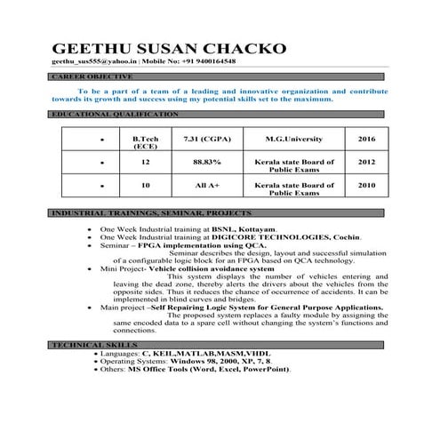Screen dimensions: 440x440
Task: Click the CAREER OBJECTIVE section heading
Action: coord(84,78)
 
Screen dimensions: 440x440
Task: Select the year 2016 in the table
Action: coord(366,140)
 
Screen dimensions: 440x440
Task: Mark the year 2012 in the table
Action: coord(366,164)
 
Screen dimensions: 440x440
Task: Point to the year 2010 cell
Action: coord(366,187)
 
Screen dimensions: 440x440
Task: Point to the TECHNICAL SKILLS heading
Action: coord(94,343)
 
